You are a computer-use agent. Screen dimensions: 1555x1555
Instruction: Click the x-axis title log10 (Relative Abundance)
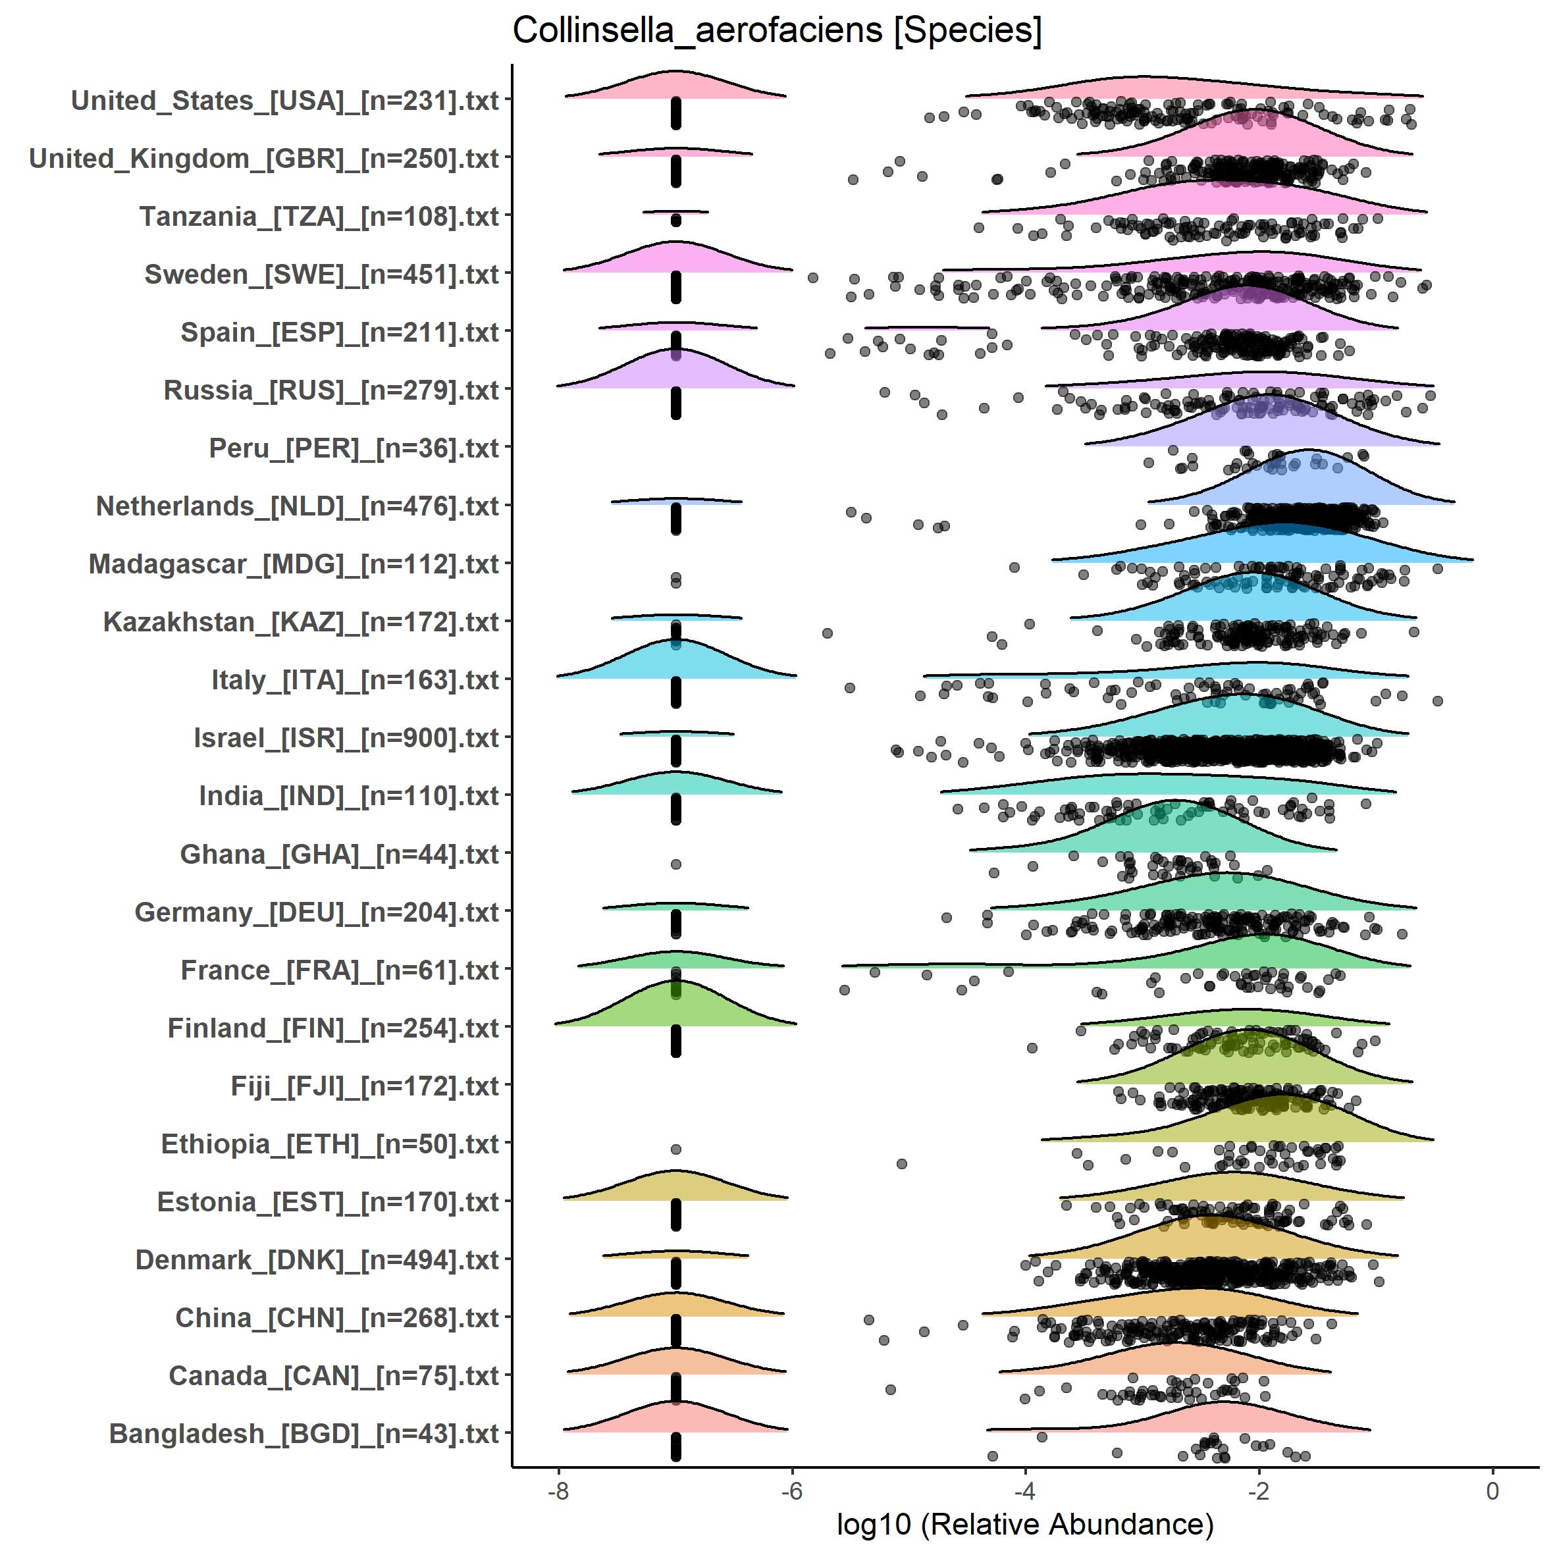(x=1024, y=1523)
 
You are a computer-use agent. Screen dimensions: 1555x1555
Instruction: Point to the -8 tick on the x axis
(x=558, y=1490)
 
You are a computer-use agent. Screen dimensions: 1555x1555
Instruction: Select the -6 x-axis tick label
(x=792, y=1490)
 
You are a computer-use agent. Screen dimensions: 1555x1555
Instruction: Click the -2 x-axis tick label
(x=1259, y=1490)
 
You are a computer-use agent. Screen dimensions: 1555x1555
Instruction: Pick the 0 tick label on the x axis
(x=1492, y=1490)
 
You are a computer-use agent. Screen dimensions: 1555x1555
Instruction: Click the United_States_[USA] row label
(x=285, y=101)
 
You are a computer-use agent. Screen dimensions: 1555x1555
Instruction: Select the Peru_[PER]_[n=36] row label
(x=354, y=448)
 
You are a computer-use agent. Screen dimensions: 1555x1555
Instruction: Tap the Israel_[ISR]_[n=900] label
(x=346, y=738)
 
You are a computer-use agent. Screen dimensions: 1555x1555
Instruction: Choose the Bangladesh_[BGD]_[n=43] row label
(x=303, y=1433)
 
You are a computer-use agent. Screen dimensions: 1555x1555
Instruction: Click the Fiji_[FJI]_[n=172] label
(x=365, y=1086)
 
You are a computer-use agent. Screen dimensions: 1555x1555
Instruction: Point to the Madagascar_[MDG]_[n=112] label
(x=294, y=564)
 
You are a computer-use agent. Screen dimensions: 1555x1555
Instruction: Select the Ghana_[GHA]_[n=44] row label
(x=340, y=854)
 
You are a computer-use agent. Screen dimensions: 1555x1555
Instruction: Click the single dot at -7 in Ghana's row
(x=676, y=864)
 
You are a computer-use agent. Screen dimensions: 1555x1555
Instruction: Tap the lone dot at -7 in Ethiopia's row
(x=676, y=1149)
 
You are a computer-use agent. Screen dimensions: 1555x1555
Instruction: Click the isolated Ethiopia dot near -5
(x=901, y=1164)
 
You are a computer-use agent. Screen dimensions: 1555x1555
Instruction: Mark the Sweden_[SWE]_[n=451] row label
(x=322, y=275)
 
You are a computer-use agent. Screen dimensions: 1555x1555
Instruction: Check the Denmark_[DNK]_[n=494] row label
(x=317, y=1259)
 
